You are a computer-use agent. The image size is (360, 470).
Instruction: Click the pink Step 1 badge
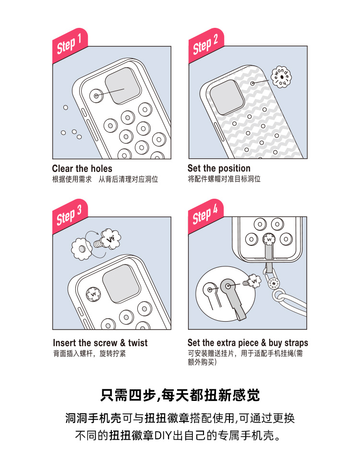point(70,45)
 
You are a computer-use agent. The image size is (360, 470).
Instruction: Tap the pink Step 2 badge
point(205,45)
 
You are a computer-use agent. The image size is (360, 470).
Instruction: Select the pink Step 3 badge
point(70,216)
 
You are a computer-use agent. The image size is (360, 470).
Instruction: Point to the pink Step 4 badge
point(205,216)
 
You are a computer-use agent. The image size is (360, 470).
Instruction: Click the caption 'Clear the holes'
point(82,169)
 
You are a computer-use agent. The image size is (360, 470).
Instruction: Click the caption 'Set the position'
point(219,168)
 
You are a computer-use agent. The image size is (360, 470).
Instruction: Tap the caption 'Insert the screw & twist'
point(100,343)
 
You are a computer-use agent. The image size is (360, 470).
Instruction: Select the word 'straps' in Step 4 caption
point(296,343)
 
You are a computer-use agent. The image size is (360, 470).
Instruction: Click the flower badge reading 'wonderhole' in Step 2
point(281,77)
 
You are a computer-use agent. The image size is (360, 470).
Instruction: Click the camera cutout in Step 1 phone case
point(123,86)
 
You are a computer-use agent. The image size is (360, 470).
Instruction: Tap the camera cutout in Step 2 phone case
point(227,97)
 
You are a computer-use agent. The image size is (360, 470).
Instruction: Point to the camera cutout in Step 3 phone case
point(121,284)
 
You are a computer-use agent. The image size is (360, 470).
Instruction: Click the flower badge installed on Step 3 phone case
point(93,294)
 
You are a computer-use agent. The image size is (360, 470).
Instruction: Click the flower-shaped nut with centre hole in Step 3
point(81,249)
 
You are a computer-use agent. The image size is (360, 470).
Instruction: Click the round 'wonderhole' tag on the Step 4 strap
point(274,283)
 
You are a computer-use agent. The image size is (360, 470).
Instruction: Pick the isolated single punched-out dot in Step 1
point(66,108)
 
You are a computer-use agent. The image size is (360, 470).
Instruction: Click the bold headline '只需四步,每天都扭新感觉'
point(180,395)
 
